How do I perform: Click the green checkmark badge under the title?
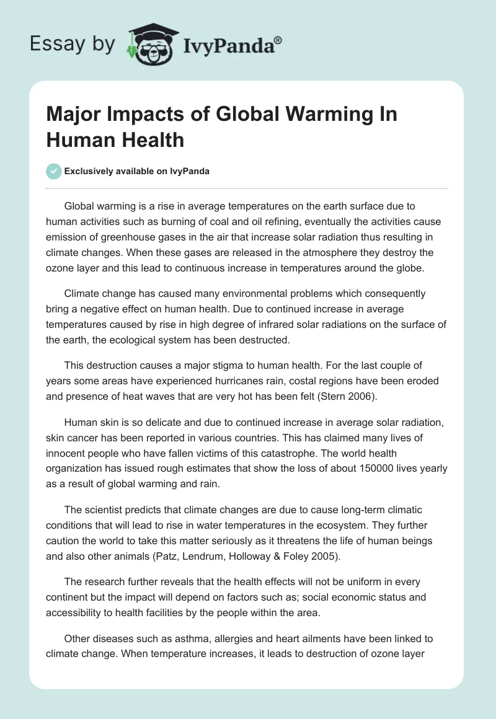(x=54, y=171)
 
